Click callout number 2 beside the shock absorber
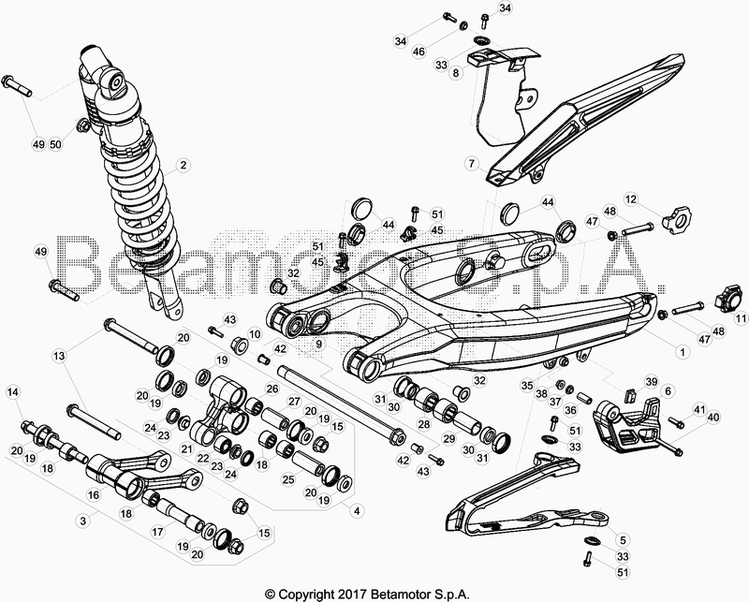point(182,166)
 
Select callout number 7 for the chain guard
point(472,164)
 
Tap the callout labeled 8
point(456,73)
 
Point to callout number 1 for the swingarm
point(683,352)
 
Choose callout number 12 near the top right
point(631,198)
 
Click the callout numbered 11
point(741,317)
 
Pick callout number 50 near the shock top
point(56,144)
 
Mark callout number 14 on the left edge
point(13,392)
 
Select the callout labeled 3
point(83,521)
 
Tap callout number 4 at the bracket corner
point(356,511)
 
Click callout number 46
point(419,51)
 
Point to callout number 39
point(652,382)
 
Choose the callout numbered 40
point(712,418)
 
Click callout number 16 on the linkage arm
point(94,494)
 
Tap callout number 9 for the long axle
point(318,343)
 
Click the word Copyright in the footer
point(306,595)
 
